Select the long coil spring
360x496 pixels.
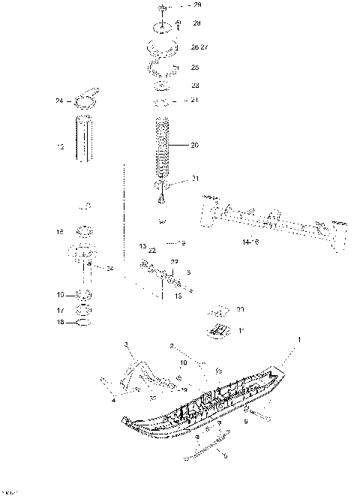pyautogui.click(x=162, y=150)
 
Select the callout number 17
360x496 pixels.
pyautogui.click(x=61, y=309)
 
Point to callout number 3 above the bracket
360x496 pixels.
pyautogui.click(x=126, y=343)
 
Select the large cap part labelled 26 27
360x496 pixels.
pyautogui.click(x=163, y=48)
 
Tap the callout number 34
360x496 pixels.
pyautogui.click(x=109, y=268)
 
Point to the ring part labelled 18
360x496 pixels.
pyautogui.click(x=85, y=323)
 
